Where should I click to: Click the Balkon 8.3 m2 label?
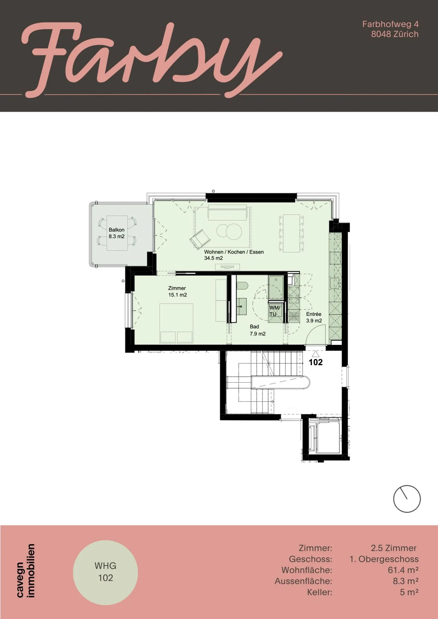(116, 233)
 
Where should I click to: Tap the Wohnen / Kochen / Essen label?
(234, 255)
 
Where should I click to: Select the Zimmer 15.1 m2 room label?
(177, 291)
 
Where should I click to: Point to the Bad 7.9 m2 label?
(257, 330)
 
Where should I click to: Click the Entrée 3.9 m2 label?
(314, 317)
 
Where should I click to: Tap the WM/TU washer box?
(275, 311)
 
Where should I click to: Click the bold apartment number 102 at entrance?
(315, 362)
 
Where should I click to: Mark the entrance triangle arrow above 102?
(315, 354)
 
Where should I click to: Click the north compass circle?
(407, 499)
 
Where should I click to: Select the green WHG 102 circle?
(106, 573)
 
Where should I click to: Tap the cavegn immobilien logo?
(26, 571)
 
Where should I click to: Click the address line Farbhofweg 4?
(390, 24)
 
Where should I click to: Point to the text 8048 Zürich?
(395, 34)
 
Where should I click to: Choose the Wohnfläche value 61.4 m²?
(403, 570)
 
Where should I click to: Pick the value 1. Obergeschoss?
(384, 559)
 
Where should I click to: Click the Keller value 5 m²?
(409, 592)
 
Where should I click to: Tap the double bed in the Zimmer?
(176, 323)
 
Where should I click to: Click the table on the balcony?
(117, 233)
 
